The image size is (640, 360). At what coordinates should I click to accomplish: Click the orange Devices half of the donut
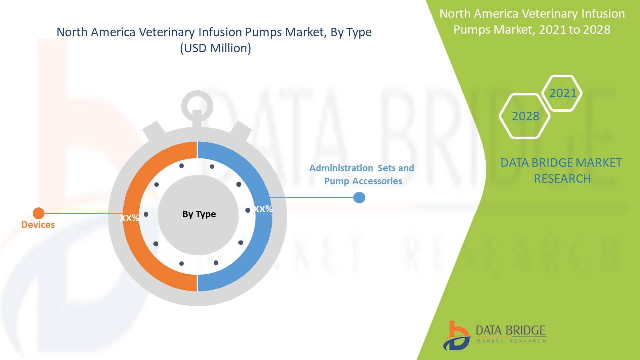(x=131, y=240)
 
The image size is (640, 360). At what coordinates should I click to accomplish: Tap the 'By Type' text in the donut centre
(x=199, y=214)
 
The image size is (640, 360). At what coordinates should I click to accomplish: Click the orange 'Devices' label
(x=38, y=225)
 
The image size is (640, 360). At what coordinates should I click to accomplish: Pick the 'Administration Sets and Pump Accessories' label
(x=362, y=175)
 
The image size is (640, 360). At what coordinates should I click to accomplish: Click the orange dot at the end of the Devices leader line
(x=38, y=213)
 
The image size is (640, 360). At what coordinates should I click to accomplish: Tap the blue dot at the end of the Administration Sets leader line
(x=359, y=198)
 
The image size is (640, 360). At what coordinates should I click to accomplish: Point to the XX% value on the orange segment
(x=129, y=218)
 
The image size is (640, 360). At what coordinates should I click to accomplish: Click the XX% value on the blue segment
(x=263, y=209)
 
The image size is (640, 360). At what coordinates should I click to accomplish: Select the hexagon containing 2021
(x=563, y=93)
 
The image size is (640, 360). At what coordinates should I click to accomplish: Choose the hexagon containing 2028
(x=525, y=116)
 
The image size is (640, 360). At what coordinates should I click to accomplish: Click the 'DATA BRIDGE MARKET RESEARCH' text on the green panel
(x=561, y=170)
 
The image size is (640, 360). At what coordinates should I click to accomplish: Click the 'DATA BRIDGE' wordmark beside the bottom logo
(x=511, y=330)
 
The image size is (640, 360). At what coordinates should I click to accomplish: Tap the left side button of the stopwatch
(x=154, y=133)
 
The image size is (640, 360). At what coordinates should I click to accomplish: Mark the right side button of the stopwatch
(x=241, y=133)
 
